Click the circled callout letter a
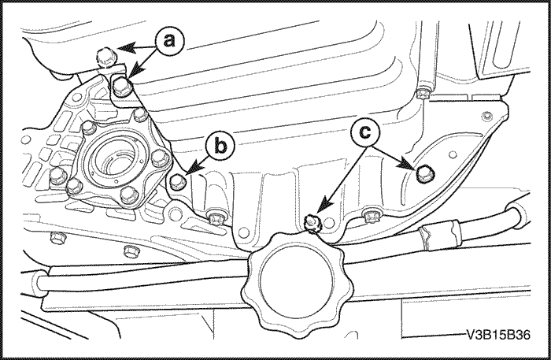click(170, 41)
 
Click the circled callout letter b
click(220, 147)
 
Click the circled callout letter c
click(365, 132)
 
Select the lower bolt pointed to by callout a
click(123, 87)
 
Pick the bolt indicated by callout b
click(178, 181)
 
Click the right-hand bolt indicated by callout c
click(425, 173)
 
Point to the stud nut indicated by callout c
click(312, 223)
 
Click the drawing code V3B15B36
click(498, 335)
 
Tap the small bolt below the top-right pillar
click(421, 94)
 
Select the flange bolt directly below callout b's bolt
click(215, 216)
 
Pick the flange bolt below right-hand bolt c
click(372, 215)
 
